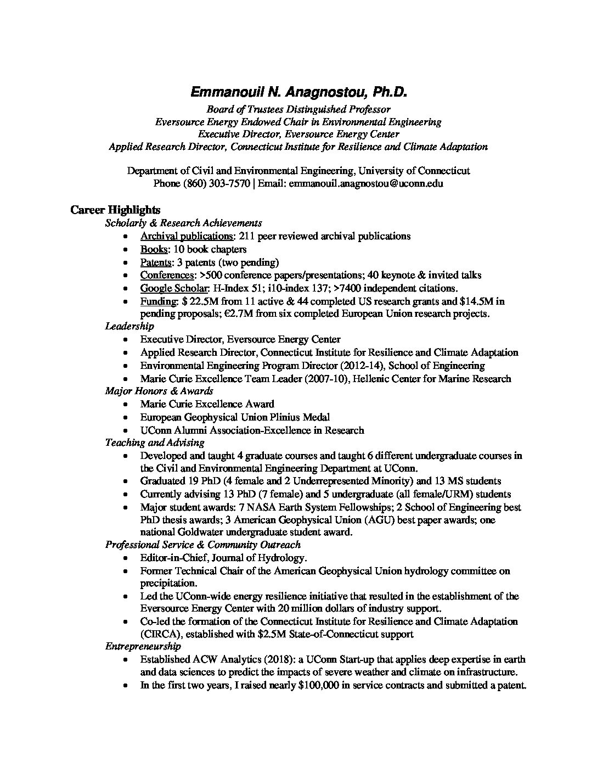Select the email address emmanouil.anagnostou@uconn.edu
coord(366,183)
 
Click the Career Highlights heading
coord(115,210)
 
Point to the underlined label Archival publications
coord(187,236)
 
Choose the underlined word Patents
coord(156,262)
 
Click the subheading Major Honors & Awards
coord(159,391)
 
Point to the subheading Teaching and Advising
coord(155,442)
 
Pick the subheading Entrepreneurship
coord(143,646)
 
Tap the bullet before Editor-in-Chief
coord(127,558)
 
